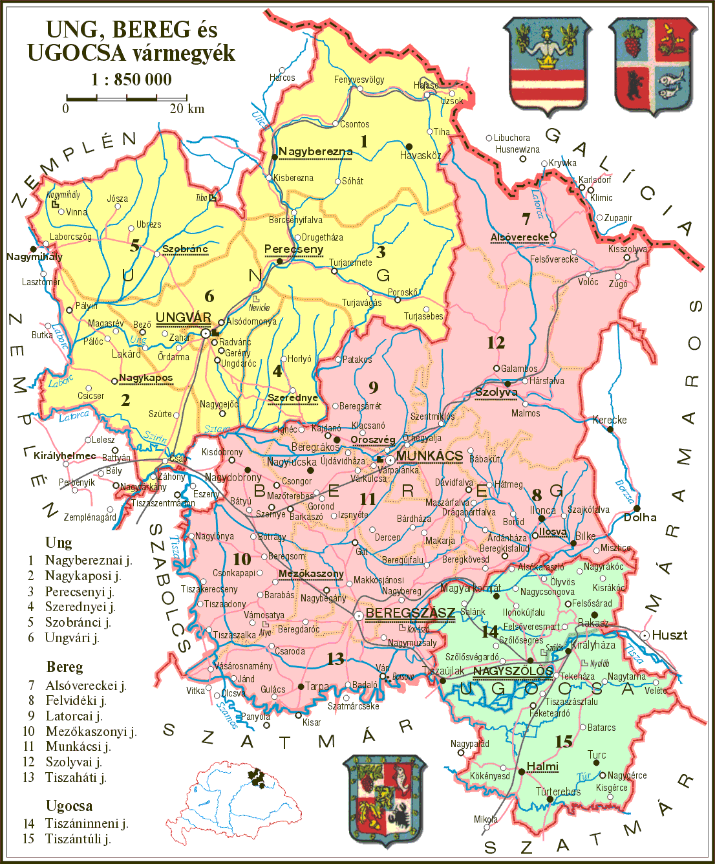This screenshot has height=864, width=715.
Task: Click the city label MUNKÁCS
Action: tap(430, 456)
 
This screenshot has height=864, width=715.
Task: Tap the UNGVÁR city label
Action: tap(184, 318)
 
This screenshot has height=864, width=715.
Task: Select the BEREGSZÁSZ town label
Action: tap(410, 613)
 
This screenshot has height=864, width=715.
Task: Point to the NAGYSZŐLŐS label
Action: tap(513, 671)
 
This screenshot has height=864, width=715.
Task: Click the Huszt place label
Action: tap(669, 635)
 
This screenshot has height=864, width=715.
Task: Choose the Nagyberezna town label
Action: tap(315, 152)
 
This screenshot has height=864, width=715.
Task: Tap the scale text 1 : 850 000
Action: tap(131, 80)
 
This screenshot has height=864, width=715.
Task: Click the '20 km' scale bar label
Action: tap(187, 109)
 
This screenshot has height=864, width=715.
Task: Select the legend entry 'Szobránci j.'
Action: tap(78, 622)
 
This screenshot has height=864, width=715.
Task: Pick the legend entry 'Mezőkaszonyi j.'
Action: tap(91, 731)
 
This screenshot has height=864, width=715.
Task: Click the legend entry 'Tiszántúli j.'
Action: tap(78, 839)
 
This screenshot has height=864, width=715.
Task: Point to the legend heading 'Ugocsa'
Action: tap(69, 806)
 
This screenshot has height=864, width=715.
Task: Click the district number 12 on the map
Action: tap(496, 343)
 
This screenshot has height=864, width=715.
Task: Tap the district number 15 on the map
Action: tap(564, 741)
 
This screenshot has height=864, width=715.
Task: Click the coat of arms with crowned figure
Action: tap(548, 65)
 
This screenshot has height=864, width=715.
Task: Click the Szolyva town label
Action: tap(496, 393)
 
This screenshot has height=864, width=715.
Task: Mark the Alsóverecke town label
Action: tap(519, 237)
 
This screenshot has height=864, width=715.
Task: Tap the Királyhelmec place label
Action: tap(65, 455)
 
